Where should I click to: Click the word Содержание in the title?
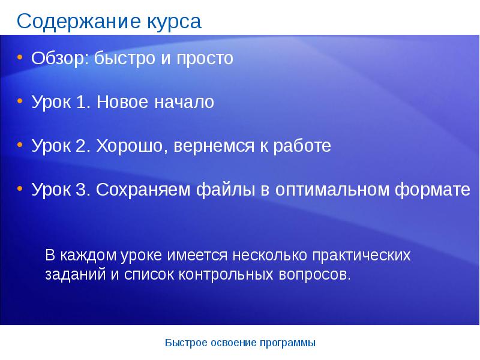point(79,22)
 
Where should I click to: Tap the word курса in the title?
point(174,22)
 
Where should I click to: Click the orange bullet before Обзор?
point(20,57)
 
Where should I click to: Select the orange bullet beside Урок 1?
point(20,101)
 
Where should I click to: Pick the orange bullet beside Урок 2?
point(20,145)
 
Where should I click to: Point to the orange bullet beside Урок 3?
point(20,188)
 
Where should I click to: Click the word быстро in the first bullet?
point(125,58)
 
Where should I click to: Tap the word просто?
point(205,59)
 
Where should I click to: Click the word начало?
point(184,102)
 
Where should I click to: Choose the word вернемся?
point(214,146)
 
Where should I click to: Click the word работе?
point(302,146)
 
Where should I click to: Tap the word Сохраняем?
point(143,190)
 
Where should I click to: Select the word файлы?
point(226,190)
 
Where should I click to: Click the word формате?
point(432,190)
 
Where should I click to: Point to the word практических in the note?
point(361,256)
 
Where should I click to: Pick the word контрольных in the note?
point(226,275)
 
